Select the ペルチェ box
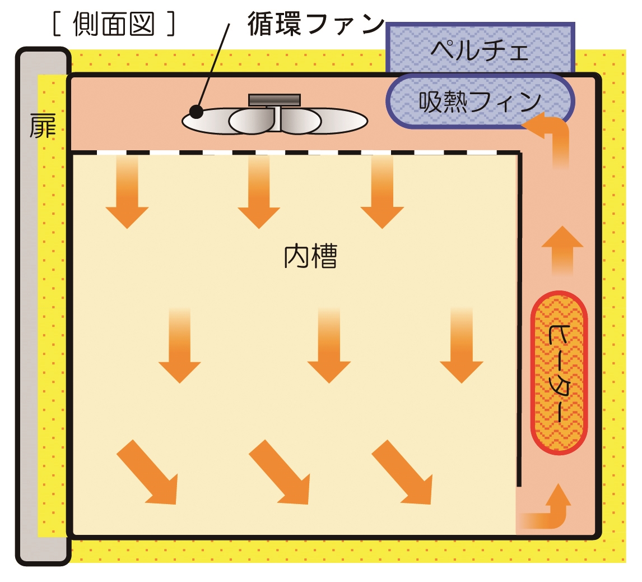pyautogui.click(x=480, y=49)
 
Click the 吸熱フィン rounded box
pyautogui.click(x=480, y=101)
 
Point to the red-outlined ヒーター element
pyautogui.click(x=559, y=372)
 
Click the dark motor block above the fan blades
pyautogui.click(x=275, y=100)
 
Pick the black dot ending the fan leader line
pyautogui.click(x=196, y=112)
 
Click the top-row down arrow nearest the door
pyautogui.click(x=127, y=193)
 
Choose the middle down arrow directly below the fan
pyautogui.click(x=259, y=193)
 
